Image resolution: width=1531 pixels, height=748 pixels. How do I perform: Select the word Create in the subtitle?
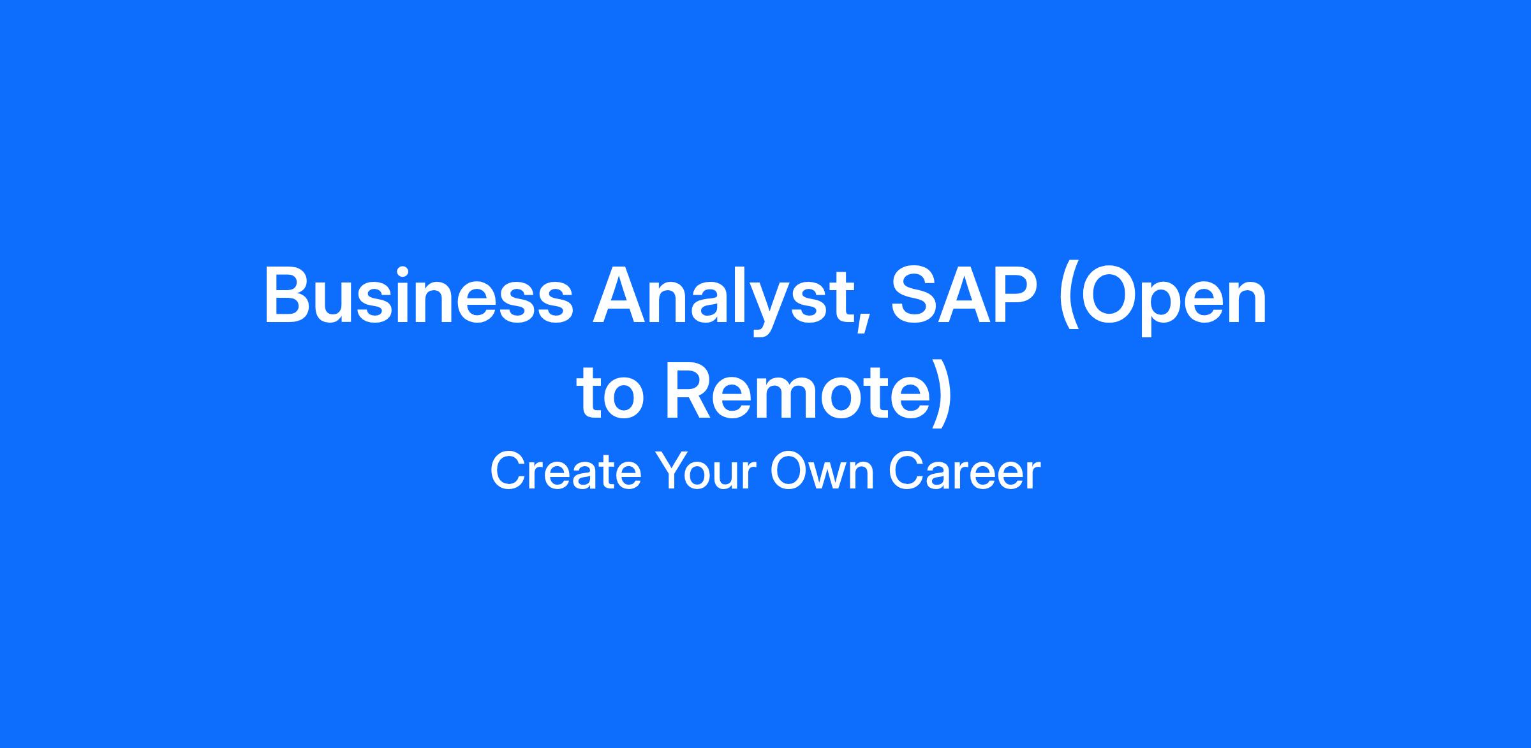click(565, 472)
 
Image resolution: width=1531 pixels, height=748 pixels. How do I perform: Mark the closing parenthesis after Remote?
click(940, 395)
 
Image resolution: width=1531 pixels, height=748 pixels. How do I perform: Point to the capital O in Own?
click(788, 471)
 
